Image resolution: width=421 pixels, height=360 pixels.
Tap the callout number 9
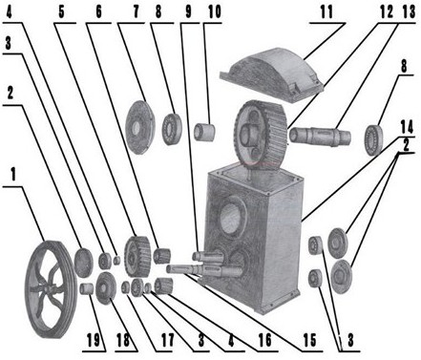click(x=187, y=12)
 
